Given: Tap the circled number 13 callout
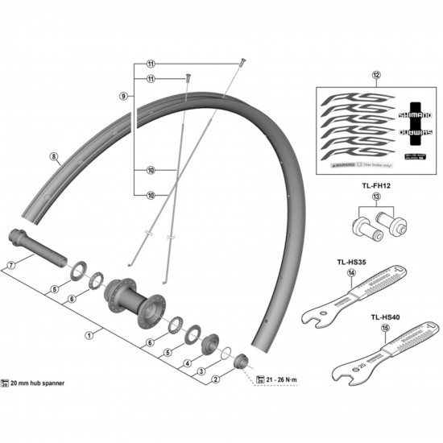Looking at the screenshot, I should [x=375, y=197].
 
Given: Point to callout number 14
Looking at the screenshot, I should [x=351, y=273].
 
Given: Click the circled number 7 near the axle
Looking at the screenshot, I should [x=10, y=265].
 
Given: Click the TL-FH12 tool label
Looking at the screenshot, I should [x=375, y=185].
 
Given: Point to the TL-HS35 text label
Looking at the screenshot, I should [x=351, y=262].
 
